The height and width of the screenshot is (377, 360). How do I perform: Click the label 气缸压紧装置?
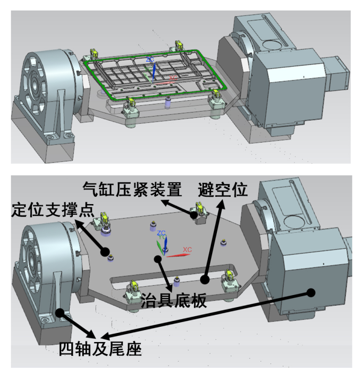(132, 190)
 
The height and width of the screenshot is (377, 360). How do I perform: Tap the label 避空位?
(222, 190)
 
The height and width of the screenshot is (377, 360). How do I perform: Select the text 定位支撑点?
(53, 210)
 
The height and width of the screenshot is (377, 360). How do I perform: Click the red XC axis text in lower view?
(187, 250)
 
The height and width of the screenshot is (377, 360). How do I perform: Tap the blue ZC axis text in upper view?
(150, 59)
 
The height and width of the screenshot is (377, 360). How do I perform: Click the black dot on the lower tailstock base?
(60, 312)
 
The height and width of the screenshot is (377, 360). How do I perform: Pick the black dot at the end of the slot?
(204, 278)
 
